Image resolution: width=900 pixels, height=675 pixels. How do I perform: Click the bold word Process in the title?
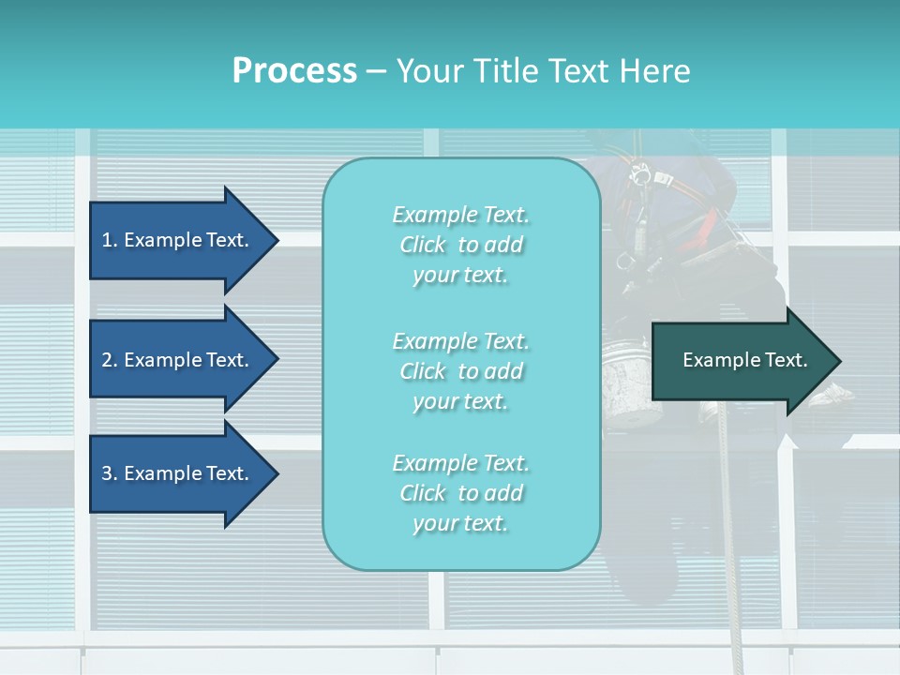click(294, 71)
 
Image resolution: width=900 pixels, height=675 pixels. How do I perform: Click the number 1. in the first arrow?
click(110, 240)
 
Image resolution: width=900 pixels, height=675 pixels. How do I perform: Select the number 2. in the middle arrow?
click(110, 360)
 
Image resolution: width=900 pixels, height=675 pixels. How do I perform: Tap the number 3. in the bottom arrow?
click(110, 473)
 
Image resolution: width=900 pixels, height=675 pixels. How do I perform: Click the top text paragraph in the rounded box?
click(460, 245)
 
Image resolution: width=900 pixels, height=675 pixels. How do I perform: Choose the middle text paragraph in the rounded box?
click(460, 371)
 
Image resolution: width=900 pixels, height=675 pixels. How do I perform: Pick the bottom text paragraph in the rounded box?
click(460, 493)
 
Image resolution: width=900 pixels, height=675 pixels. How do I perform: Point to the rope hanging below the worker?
click(726, 525)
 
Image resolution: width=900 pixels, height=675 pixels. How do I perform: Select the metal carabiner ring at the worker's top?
click(641, 173)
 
